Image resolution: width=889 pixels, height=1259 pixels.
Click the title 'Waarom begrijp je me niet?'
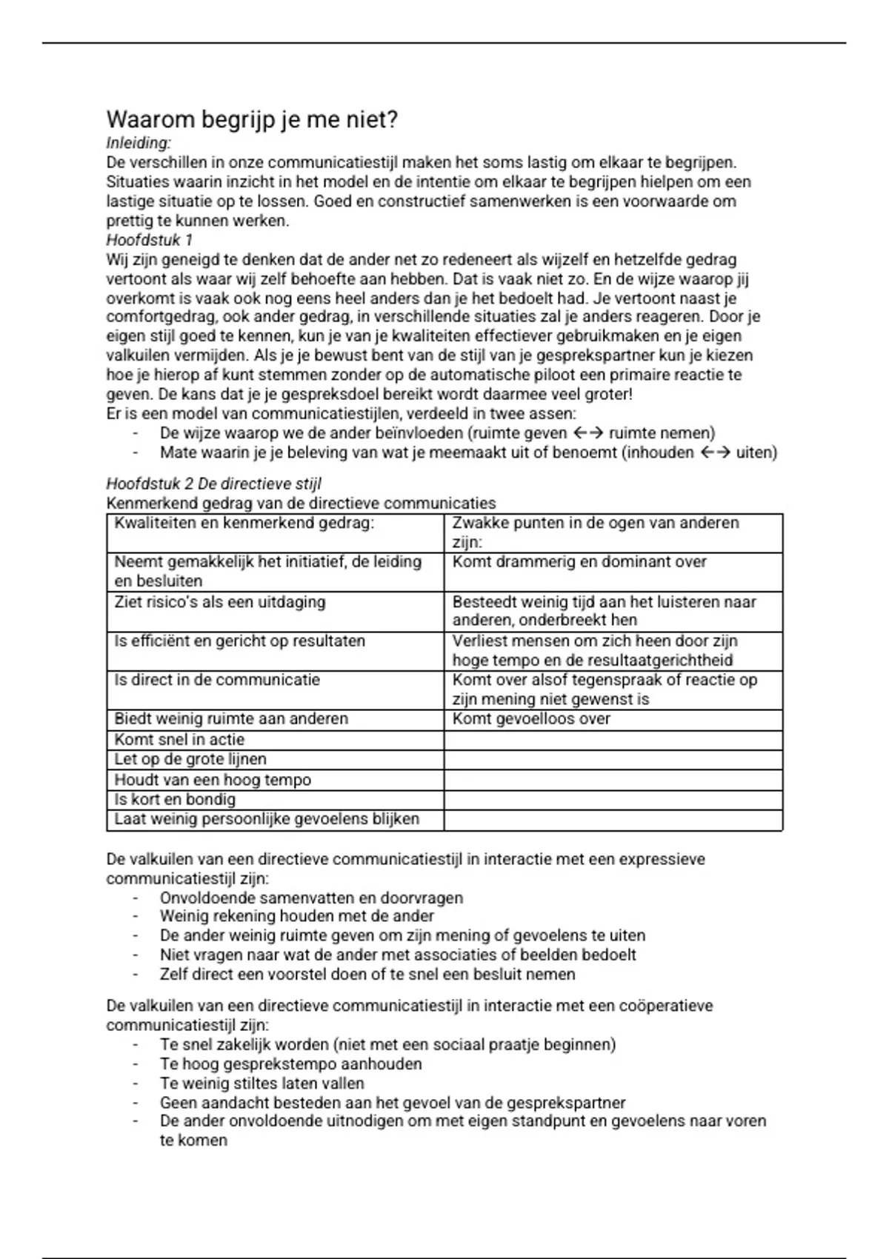252,119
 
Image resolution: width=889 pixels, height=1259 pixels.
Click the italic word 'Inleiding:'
139,143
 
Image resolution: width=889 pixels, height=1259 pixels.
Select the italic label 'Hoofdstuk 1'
150,240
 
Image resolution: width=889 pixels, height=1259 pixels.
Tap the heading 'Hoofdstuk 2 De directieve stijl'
213,484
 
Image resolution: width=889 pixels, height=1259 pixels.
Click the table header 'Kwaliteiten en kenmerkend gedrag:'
244,523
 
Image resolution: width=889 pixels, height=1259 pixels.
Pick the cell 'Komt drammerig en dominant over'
579,562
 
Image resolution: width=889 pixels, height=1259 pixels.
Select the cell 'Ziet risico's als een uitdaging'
219,601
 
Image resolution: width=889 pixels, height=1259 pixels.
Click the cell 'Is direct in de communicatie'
216,680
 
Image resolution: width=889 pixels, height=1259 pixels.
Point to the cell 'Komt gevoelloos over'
531,719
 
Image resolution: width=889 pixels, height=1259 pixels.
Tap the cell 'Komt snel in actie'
179,739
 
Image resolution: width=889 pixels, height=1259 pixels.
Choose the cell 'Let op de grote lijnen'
190,759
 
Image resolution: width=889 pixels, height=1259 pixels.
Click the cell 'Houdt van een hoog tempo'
212,780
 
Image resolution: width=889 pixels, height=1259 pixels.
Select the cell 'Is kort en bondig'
175,800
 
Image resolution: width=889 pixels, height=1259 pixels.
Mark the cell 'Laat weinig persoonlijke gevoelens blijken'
267,819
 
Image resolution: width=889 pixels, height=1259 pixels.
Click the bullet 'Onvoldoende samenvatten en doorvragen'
311,898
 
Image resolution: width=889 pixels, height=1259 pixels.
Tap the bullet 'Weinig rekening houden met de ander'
296,916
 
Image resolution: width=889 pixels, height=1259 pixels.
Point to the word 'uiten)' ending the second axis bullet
756,452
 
